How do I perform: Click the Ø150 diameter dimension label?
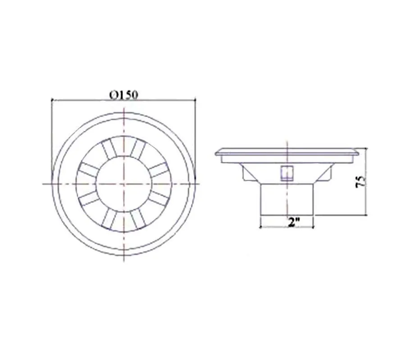tap(123, 95)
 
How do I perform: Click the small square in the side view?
tap(287, 173)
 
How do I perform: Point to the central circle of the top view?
tap(124, 184)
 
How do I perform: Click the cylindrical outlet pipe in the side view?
tap(287, 199)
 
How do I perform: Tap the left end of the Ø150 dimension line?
tap(52, 100)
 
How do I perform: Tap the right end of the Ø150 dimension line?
tap(195, 99)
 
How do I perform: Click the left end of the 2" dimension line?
tap(260, 227)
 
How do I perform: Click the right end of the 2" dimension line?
tap(313, 227)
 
